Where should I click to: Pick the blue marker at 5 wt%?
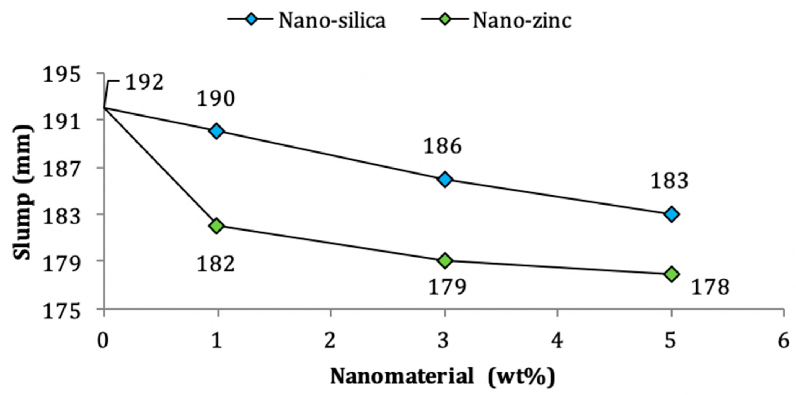[671, 214]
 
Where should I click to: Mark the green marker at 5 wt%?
[671, 274]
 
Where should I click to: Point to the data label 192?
[144, 83]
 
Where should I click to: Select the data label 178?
[710, 287]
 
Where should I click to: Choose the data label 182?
[216, 264]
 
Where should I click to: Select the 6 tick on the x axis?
[783, 342]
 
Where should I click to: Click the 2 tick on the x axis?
[330, 342]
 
